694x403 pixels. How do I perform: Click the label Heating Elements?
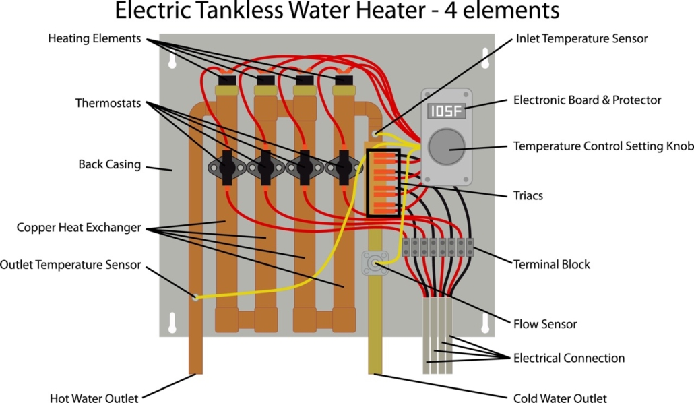[94, 38]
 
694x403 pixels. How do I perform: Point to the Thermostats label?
[108, 103]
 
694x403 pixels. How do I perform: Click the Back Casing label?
[109, 164]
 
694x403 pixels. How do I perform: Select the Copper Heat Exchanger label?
[79, 228]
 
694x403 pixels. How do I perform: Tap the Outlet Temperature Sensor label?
[71, 264]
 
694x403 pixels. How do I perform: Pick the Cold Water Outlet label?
[560, 398]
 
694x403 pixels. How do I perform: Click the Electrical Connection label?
[569, 358]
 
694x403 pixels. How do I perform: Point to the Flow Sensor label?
[545, 324]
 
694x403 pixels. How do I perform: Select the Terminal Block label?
[551, 264]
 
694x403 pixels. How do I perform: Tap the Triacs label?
[528, 196]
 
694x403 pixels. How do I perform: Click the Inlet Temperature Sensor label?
[581, 38]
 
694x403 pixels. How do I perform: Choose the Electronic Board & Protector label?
[587, 100]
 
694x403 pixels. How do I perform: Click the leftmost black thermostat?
[227, 166]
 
